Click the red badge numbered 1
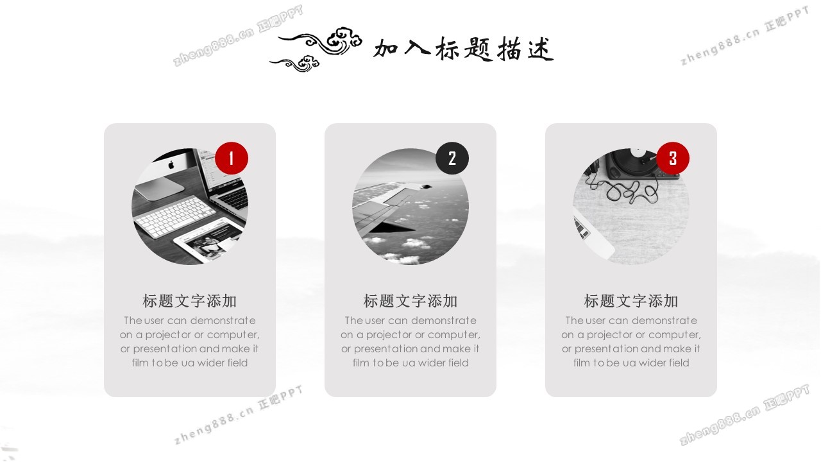[232, 158]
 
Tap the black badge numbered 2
[452, 158]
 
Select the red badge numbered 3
[673, 158]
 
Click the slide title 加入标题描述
[464, 49]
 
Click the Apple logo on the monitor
[171, 165]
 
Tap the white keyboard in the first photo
[175, 216]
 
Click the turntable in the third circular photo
[639, 164]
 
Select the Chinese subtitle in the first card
[189, 301]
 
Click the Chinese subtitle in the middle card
[410, 301]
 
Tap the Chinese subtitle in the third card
[631, 301]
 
